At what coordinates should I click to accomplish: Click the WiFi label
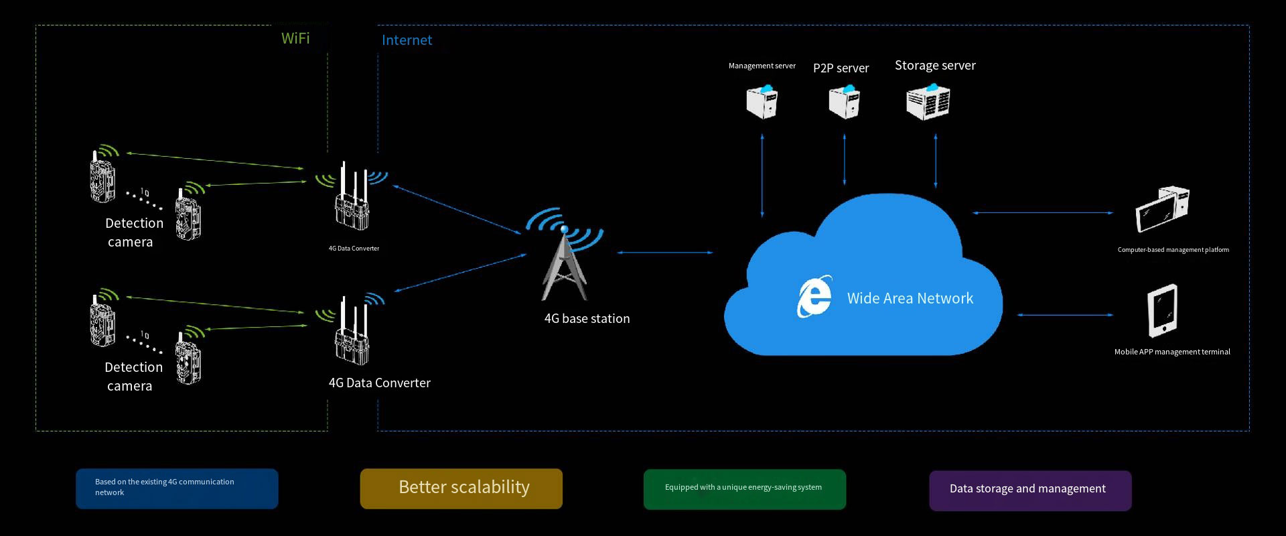coord(295,38)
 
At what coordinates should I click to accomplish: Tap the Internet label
coord(407,40)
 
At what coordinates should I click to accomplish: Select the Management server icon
coord(762,102)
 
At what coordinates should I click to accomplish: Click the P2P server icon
coord(844,102)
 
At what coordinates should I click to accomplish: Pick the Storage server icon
coord(928,102)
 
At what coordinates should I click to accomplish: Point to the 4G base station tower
coord(565,261)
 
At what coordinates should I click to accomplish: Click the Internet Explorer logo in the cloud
coord(814,296)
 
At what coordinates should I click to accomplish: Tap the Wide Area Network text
coord(910,298)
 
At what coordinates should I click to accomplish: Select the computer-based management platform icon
coord(1162,209)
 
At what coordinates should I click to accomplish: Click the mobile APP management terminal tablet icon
coord(1163,311)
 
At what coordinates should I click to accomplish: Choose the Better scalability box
coord(461,488)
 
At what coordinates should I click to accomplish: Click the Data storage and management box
coord(1030,490)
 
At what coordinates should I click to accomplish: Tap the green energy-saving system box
coord(744,489)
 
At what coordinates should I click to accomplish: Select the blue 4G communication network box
coord(177,488)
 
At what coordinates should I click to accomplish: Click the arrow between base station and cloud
coord(665,253)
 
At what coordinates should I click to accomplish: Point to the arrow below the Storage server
coord(936,161)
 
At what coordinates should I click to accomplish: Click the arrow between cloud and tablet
coord(1065,314)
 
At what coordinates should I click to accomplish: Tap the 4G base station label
coord(587,319)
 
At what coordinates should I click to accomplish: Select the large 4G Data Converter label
coord(379,383)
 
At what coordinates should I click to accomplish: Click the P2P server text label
coord(841,68)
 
